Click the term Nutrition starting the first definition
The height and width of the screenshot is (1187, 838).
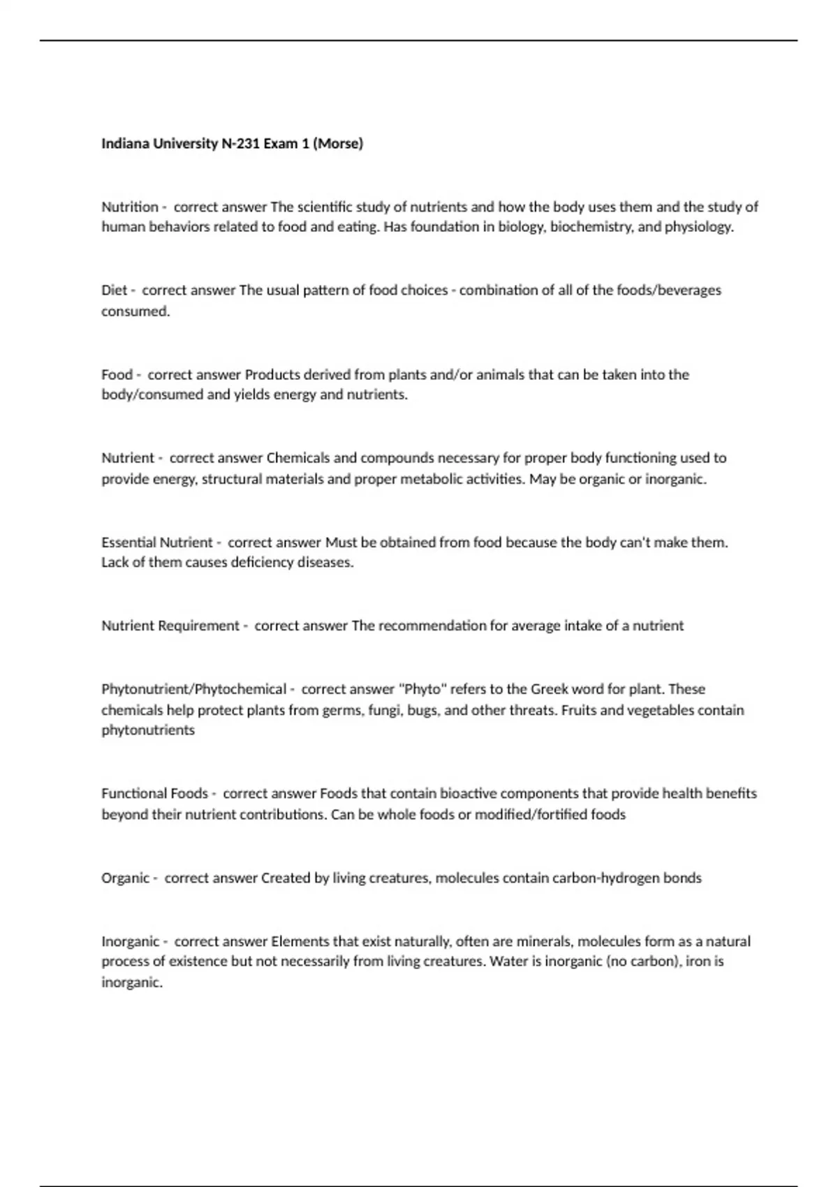130,207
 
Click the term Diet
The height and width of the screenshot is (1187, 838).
115,290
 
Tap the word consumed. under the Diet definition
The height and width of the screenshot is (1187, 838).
135,311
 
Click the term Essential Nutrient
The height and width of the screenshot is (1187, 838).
157,543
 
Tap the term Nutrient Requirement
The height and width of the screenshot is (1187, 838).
170,626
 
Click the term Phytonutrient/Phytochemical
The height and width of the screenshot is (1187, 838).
194,689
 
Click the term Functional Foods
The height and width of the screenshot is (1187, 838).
154,794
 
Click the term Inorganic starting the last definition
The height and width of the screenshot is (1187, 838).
131,941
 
